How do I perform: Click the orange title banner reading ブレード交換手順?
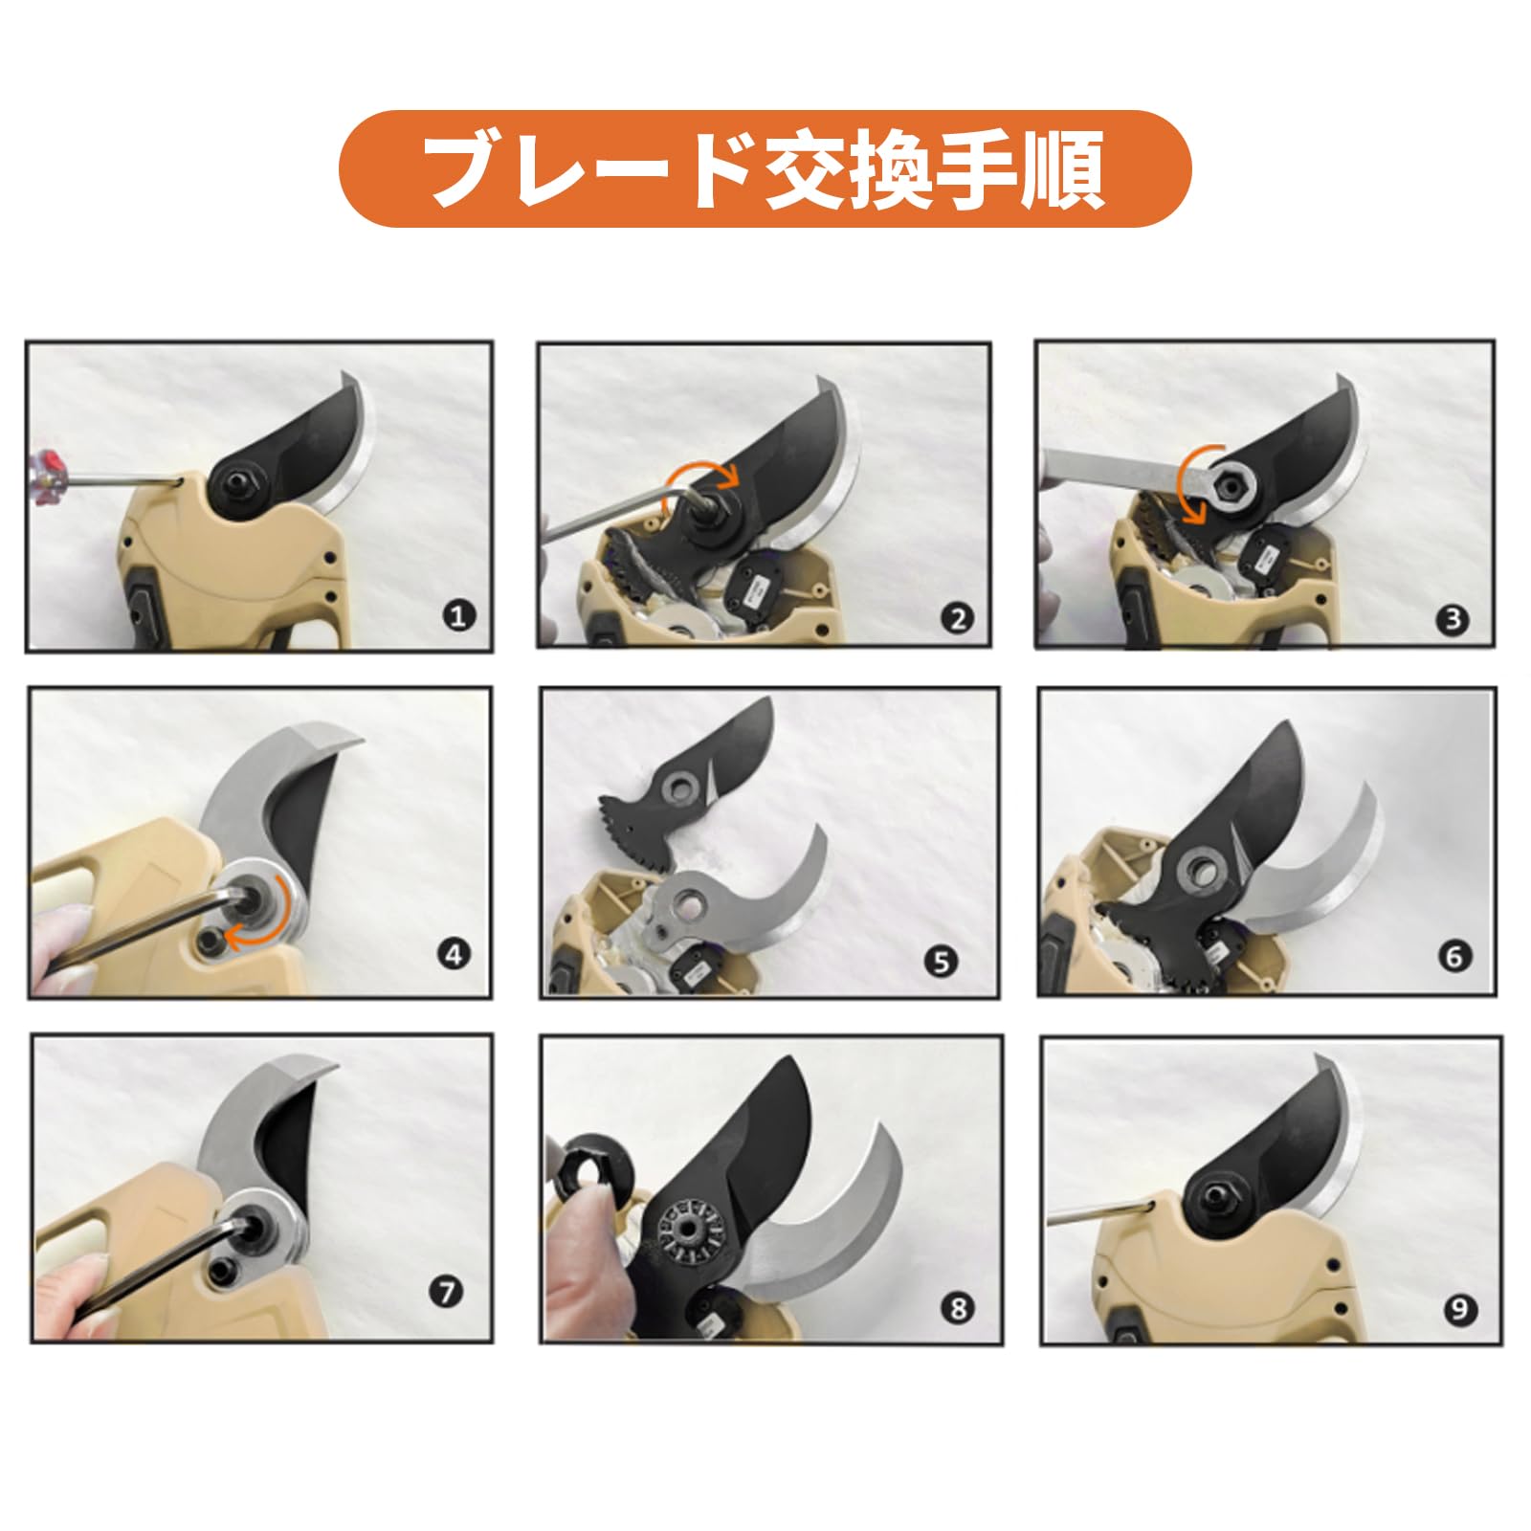(765, 168)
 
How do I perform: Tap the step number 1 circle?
(459, 615)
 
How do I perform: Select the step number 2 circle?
(959, 619)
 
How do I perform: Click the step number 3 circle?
(1453, 619)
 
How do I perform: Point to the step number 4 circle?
(454, 954)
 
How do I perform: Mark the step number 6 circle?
(1454, 956)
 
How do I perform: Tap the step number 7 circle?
(446, 1293)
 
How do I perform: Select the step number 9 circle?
(1460, 1309)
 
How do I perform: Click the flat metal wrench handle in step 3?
(1110, 468)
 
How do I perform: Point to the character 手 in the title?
(971, 168)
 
